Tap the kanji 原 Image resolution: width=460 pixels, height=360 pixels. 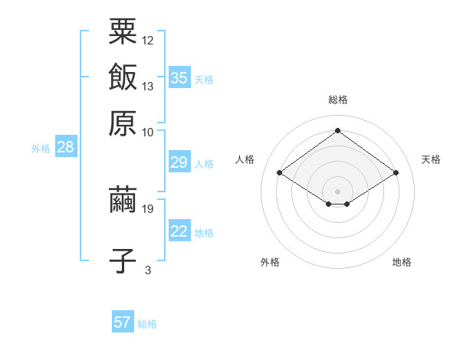click(x=123, y=122)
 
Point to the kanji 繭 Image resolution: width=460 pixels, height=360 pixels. click(x=123, y=200)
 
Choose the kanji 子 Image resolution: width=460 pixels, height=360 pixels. click(x=123, y=260)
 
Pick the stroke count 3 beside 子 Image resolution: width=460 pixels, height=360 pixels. click(x=148, y=270)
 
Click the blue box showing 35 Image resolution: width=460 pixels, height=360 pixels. click(x=179, y=77)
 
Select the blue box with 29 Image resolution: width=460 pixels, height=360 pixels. click(x=179, y=162)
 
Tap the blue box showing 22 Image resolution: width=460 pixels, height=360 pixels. click(x=179, y=231)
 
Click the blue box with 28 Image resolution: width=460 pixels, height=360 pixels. click(x=65, y=148)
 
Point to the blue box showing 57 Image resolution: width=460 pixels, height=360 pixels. click(x=123, y=322)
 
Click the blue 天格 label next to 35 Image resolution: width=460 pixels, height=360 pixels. click(x=204, y=80)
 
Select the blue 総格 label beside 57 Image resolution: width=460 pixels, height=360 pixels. click(x=147, y=324)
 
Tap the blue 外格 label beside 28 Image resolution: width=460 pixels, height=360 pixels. click(x=41, y=149)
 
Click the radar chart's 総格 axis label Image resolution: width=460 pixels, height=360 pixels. click(x=338, y=100)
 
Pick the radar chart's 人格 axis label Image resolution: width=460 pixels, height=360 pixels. click(x=245, y=159)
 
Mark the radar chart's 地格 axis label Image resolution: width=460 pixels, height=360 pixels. click(x=402, y=262)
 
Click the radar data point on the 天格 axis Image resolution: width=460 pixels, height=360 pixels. click(x=396, y=173)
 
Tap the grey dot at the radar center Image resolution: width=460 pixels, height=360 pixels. click(x=338, y=190)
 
